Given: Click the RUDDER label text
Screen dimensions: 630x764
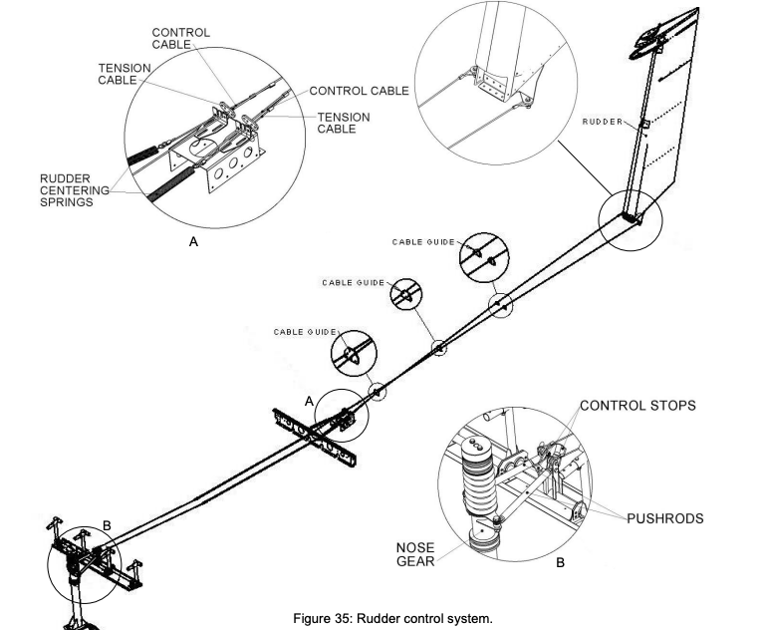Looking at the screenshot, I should coord(602,122).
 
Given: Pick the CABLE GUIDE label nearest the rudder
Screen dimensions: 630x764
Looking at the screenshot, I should coord(423,242).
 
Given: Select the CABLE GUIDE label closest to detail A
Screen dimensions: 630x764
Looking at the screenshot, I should coord(305,331).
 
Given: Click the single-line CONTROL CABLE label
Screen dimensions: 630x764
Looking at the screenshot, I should coord(360,91).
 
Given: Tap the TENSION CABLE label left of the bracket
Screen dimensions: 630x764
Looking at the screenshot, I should coord(124,74).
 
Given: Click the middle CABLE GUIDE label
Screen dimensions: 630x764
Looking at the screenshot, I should coord(353,282).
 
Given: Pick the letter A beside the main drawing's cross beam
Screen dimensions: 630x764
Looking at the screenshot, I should coord(310,400).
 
